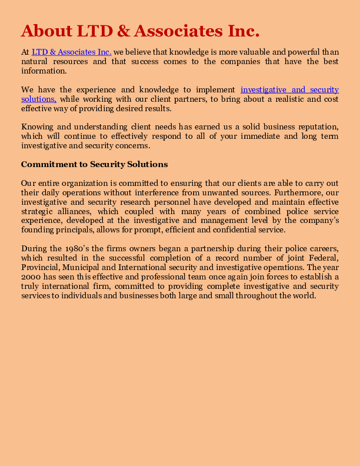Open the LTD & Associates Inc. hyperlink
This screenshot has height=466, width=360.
point(71,52)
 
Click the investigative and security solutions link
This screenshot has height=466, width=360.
point(289,89)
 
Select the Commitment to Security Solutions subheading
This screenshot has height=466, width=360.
point(94,164)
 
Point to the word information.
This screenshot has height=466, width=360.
point(44,71)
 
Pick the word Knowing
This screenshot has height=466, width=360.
point(37,127)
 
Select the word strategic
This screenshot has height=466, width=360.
point(37,211)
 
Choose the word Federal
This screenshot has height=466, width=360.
point(324,258)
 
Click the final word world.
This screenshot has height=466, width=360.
point(305,296)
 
